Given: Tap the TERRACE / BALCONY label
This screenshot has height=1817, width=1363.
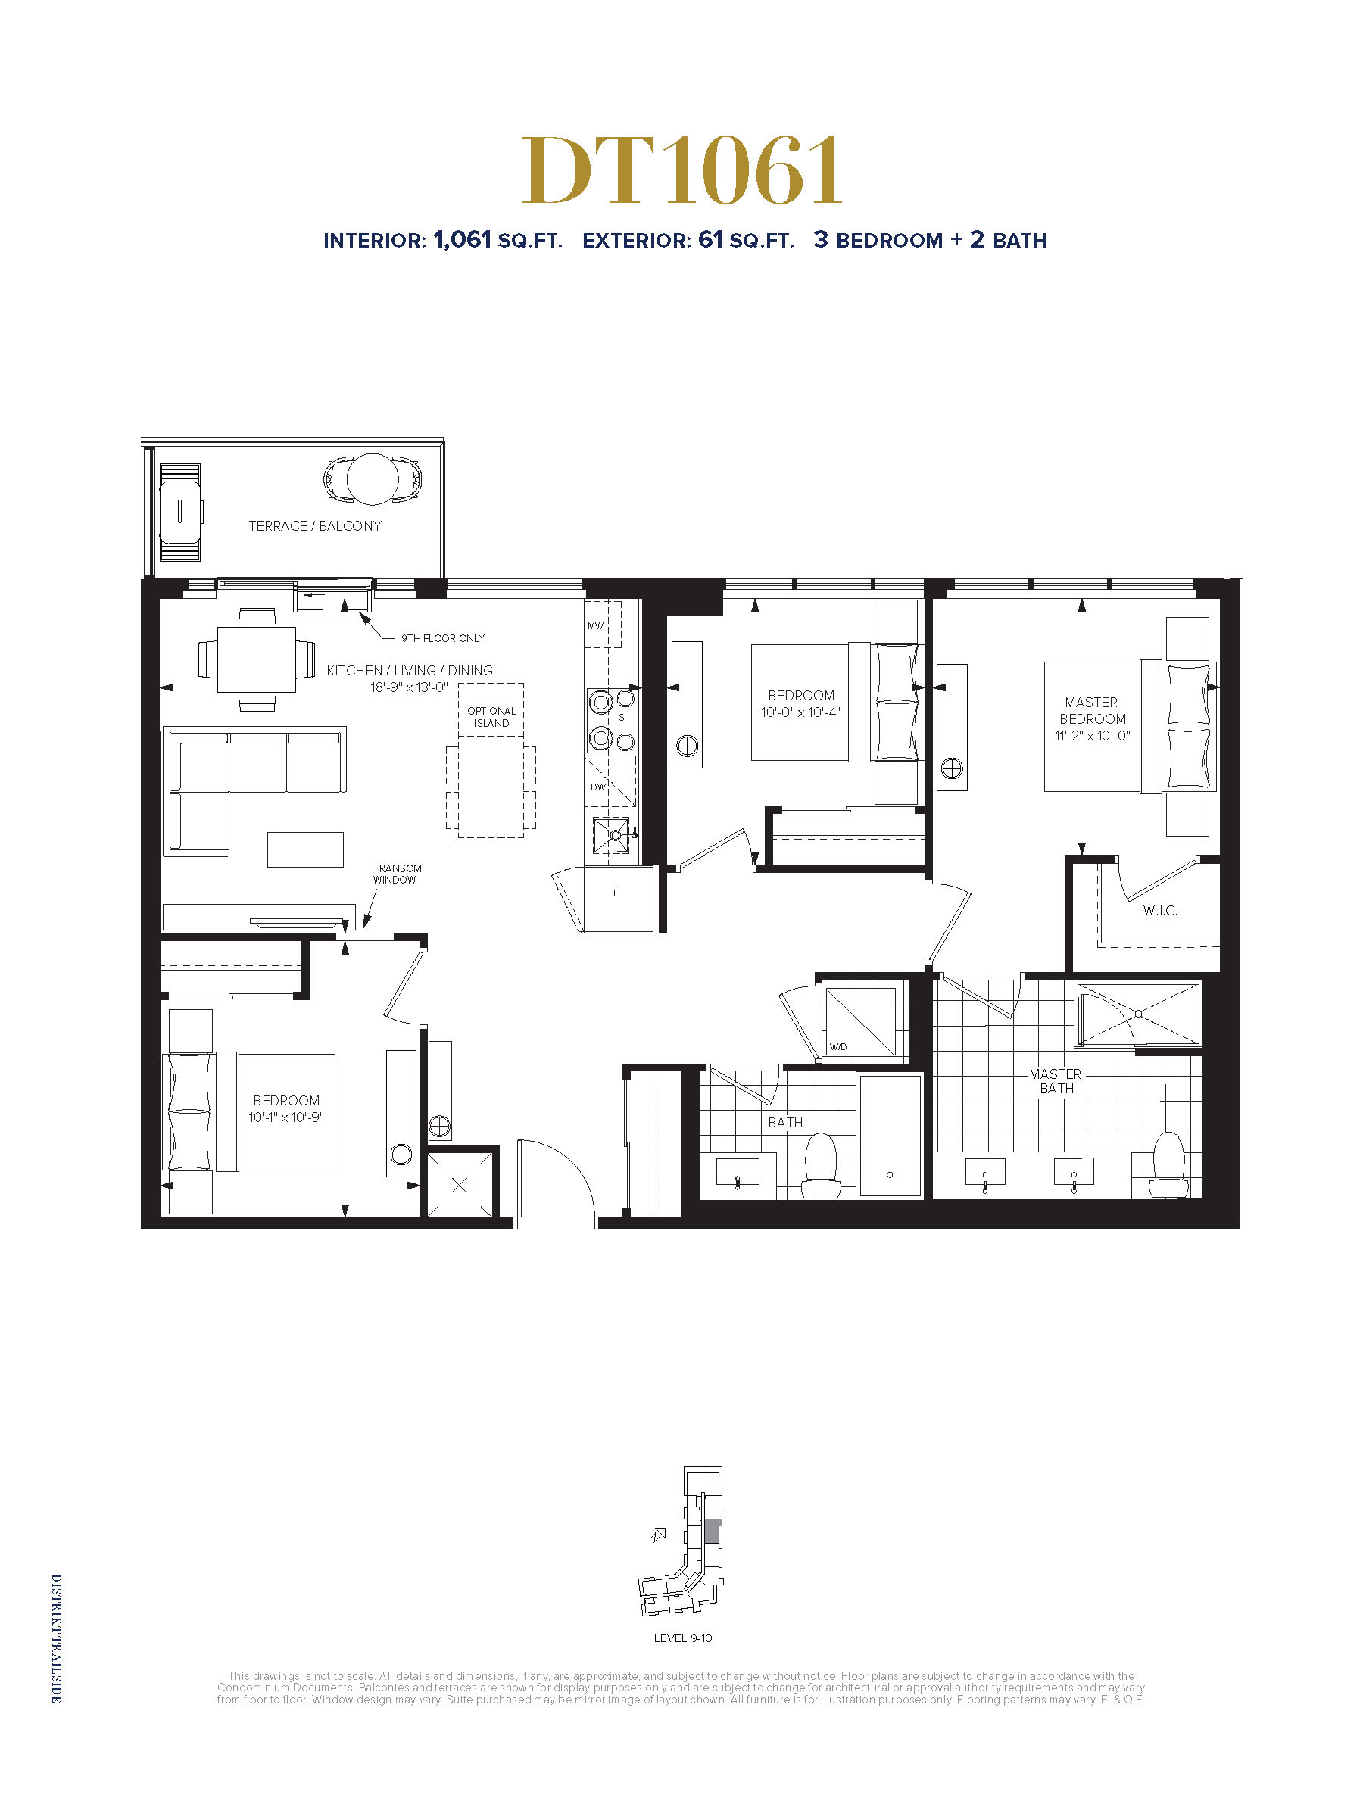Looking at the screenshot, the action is click(316, 525).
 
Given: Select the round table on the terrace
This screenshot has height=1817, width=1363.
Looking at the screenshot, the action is click(373, 479).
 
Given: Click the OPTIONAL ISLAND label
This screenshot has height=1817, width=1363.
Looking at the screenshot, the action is click(491, 717).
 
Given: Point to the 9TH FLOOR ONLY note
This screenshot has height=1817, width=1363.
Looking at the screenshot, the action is click(443, 638).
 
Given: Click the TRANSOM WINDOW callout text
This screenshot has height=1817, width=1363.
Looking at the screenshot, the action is click(397, 874).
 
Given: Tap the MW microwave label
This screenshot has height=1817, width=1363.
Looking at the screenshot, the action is click(596, 626).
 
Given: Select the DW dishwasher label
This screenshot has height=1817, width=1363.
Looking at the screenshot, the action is click(598, 787).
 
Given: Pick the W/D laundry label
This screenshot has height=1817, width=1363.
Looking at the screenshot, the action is click(838, 1046).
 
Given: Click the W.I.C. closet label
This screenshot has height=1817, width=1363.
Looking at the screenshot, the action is click(1160, 910).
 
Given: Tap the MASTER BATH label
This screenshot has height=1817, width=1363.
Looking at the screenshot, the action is click(1056, 1081).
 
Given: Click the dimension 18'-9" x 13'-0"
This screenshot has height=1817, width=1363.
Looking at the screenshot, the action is click(409, 687).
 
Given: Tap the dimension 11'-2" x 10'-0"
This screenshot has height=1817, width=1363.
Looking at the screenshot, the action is click(1093, 736).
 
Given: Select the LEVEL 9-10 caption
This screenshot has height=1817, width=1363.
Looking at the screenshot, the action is click(683, 1638).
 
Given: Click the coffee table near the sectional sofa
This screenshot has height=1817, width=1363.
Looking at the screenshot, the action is click(305, 849).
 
